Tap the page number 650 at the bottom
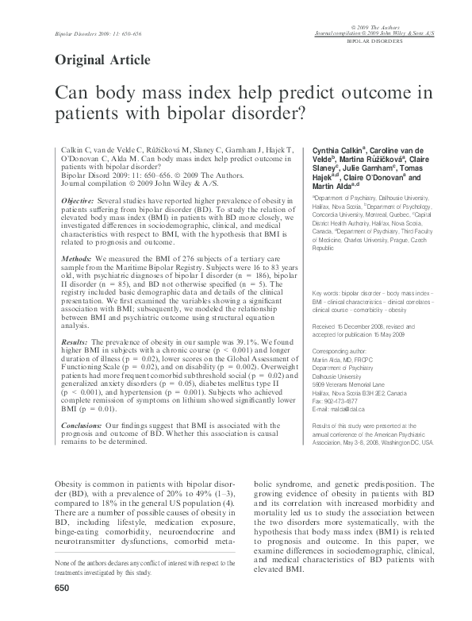63,610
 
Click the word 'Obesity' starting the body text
68,484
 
